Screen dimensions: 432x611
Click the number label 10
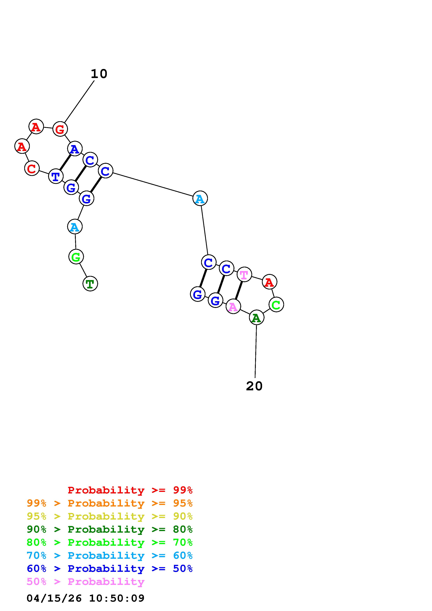99,74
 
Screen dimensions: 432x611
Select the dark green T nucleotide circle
90,284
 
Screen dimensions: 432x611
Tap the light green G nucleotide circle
76,257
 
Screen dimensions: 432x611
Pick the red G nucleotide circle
60,129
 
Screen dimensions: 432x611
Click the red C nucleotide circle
32,168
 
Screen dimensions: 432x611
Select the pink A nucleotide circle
233,307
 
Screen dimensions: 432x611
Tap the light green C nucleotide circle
276,304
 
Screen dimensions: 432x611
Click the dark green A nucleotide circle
257,318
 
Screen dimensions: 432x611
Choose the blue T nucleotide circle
56,176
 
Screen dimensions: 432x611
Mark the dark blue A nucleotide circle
75,149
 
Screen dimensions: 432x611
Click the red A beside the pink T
269,282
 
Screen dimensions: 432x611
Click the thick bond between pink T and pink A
239,290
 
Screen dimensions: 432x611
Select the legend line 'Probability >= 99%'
130,490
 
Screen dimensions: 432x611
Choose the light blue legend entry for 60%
109,556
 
